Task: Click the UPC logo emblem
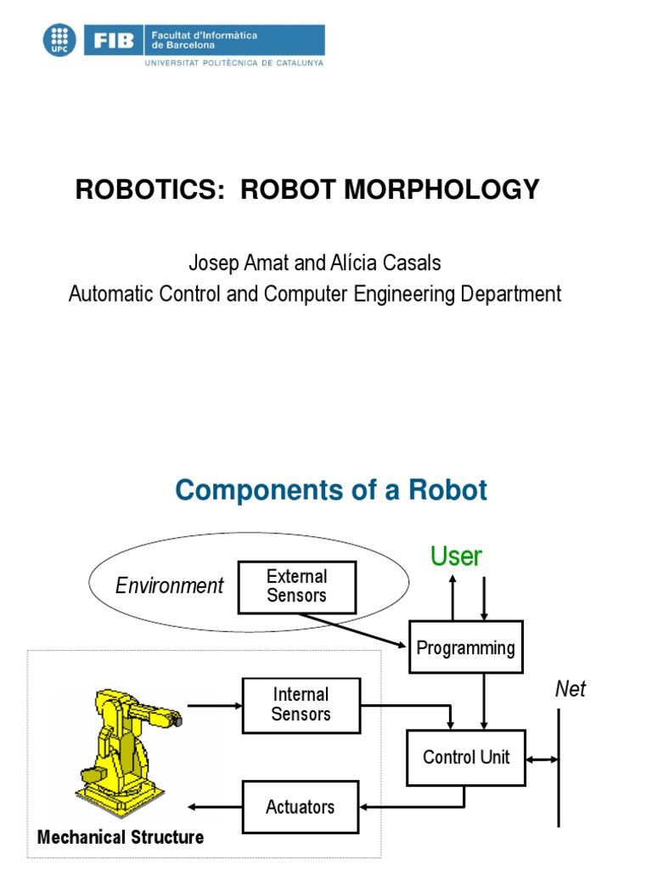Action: pos(59,40)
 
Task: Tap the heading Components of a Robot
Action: pos(331,490)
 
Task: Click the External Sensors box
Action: pos(296,587)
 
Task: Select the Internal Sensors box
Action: pos(301,705)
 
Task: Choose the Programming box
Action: pos(465,648)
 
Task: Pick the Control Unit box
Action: pos(466,757)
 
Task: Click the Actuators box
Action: pos(301,807)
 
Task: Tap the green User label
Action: pos(456,556)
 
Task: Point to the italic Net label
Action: pos(570,689)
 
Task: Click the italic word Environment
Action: pos(169,585)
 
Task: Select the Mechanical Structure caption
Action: pos(121,838)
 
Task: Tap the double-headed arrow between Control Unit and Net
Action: pos(542,758)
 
